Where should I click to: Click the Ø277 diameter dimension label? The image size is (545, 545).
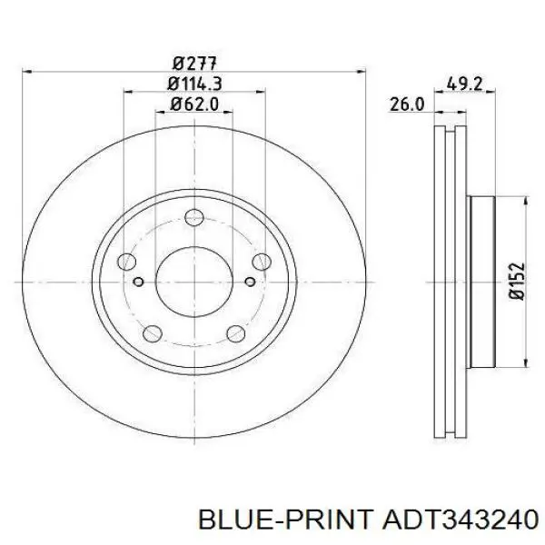[x=194, y=64]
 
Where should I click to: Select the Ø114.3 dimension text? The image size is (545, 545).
[x=194, y=84]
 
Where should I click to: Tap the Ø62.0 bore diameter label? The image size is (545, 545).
[x=194, y=104]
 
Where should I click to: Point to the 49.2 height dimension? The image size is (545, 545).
[x=464, y=84]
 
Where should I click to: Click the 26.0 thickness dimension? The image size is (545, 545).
[x=407, y=104]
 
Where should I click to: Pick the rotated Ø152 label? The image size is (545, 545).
[x=516, y=281]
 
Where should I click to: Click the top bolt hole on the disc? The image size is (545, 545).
[x=194, y=218]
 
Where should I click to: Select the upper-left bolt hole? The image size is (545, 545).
[x=127, y=262]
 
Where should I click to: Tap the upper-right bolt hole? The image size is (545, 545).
[x=262, y=262]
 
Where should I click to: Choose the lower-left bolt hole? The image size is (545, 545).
[x=153, y=333]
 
